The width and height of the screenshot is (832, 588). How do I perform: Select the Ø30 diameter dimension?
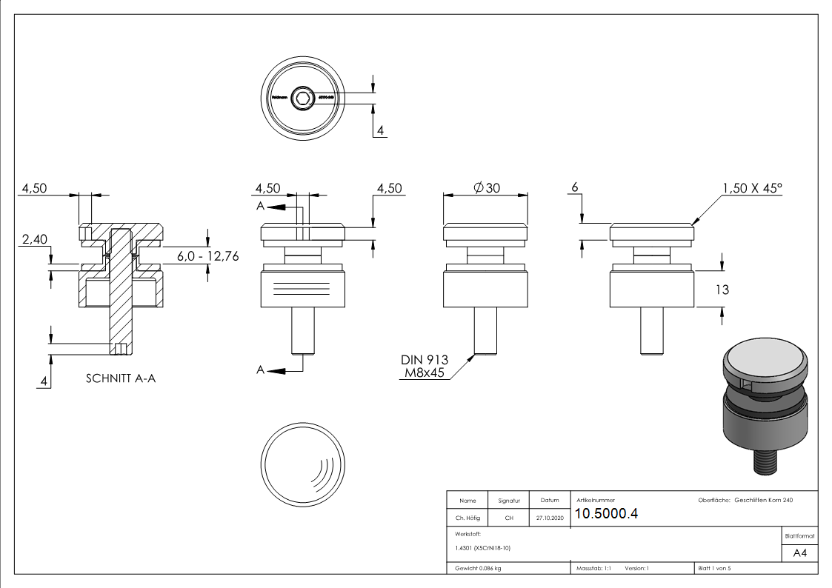(x=486, y=188)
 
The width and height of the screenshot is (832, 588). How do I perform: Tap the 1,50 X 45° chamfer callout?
(x=751, y=188)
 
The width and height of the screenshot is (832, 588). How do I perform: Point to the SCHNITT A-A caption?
(x=121, y=378)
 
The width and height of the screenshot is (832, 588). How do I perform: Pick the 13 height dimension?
(x=721, y=290)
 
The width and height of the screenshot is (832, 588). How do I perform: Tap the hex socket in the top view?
(x=302, y=97)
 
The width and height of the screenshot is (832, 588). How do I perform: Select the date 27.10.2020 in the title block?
(x=549, y=518)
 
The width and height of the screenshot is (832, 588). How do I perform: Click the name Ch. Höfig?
(x=467, y=518)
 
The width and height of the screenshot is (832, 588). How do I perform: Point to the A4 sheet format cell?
(x=799, y=553)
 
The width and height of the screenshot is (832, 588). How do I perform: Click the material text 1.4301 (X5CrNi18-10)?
(x=483, y=548)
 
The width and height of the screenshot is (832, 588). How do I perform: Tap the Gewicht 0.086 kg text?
(x=478, y=569)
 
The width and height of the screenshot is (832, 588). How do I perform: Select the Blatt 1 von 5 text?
(x=713, y=569)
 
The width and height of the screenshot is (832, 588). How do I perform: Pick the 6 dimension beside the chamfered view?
(x=574, y=188)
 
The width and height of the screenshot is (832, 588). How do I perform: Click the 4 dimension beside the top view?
(x=380, y=131)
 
